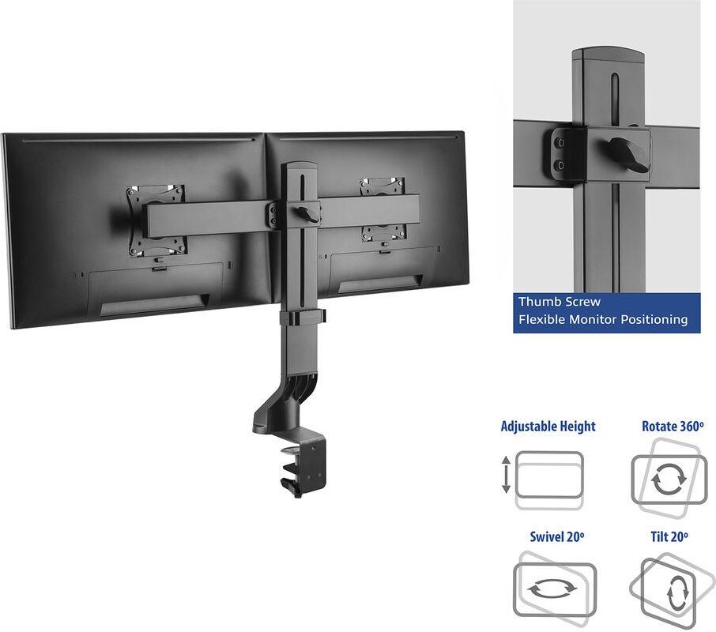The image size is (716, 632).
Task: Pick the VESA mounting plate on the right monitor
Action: (x=382, y=210)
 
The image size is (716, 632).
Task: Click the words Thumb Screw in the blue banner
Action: (x=560, y=302)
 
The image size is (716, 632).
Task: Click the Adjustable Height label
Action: (x=548, y=426)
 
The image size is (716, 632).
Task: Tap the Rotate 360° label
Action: (x=673, y=426)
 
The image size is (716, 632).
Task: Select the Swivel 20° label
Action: (x=557, y=536)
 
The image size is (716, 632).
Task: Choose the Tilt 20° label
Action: (x=669, y=536)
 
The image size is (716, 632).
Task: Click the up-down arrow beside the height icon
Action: (x=506, y=474)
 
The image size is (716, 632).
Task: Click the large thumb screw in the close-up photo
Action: (x=627, y=154)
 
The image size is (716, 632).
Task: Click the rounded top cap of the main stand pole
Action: (x=299, y=166)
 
